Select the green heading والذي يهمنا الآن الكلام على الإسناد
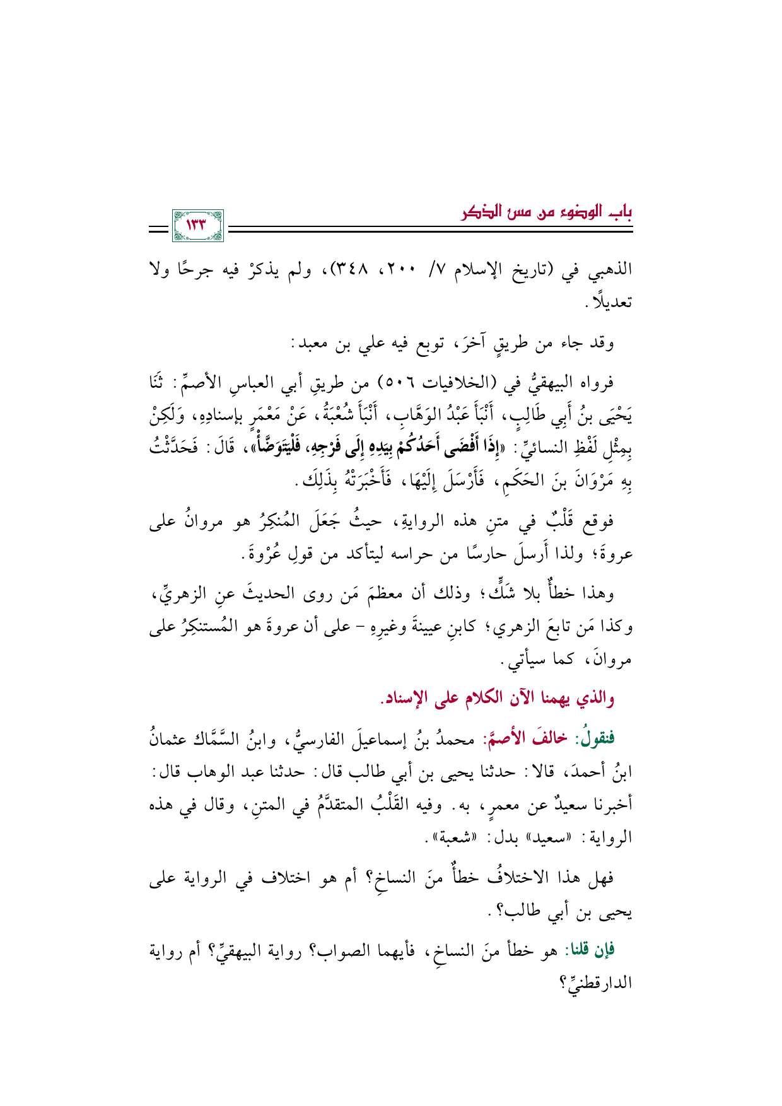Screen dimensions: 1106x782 (x=496, y=699)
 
